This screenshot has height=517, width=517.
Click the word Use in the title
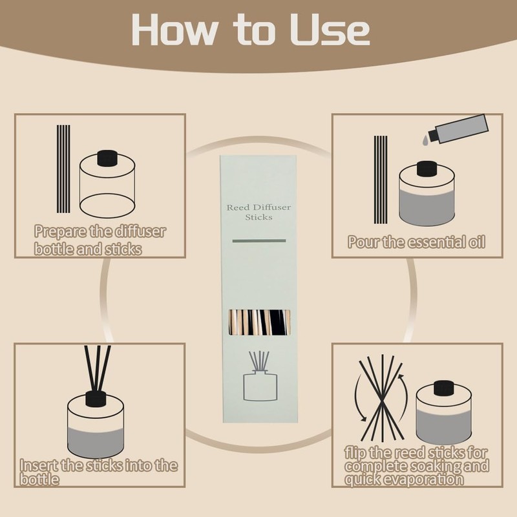pyautogui.click(x=330, y=30)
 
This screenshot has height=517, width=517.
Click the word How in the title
pyautogui.click(x=174, y=30)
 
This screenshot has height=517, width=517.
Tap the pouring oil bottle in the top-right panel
pyautogui.click(x=459, y=129)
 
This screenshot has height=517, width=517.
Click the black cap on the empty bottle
pyautogui.click(x=107, y=158)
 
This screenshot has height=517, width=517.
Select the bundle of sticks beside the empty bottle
pyautogui.click(x=63, y=169)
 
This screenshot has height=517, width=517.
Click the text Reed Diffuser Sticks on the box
pyautogui.click(x=259, y=212)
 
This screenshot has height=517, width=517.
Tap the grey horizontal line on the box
pyautogui.click(x=259, y=241)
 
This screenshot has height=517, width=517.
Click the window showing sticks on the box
pyautogui.click(x=260, y=322)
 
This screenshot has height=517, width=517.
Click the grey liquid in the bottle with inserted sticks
pyautogui.click(x=96, y=442)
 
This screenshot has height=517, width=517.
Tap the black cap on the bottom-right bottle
pyautogui.click(x=444, y=388)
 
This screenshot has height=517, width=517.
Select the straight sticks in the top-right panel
pyautogui.click(x=381, y=180)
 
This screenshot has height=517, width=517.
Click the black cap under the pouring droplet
pyautogui.click(x=427, y=169)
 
